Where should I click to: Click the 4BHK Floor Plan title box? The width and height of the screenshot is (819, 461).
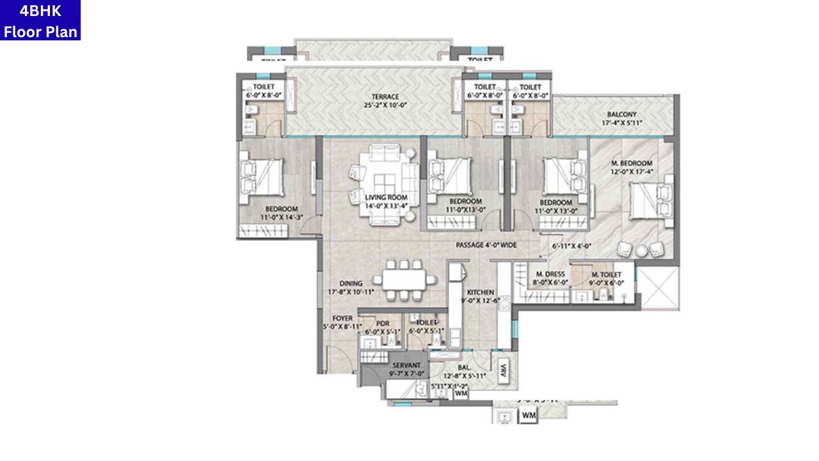pos(40,20)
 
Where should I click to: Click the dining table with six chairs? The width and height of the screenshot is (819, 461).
pos(404,280)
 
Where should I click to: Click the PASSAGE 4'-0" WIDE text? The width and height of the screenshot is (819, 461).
pos(486,245)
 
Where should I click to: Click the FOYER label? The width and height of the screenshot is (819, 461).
pos(342,318)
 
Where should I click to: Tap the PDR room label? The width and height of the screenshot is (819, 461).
pos(383,323)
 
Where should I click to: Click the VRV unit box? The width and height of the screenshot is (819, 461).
pos(504,369)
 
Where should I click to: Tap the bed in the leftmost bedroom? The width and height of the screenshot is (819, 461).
pos(260,177)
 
